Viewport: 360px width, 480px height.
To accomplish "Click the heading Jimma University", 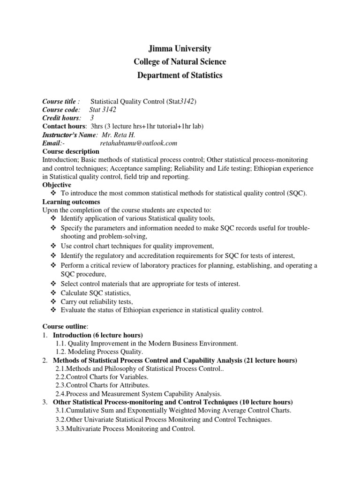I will tap(180, 49).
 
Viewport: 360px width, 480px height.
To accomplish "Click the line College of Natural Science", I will tap(180, 62).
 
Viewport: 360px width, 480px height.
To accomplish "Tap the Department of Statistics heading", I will tap(180, 75).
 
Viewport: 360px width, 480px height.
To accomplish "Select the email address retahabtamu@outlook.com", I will tap(139, 143).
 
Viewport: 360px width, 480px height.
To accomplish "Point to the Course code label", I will tap(61, 109).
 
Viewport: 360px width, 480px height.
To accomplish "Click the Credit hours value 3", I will tap(92, 118).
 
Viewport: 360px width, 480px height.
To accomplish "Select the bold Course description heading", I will tap(71, 151).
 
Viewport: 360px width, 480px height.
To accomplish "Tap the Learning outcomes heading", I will tap(70, 202).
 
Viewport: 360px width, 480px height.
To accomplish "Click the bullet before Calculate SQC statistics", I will tap(52, 293).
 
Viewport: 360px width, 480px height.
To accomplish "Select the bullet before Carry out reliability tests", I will tap(52, 301).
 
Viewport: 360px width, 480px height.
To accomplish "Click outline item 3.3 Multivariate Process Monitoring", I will tap(125, 428).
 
